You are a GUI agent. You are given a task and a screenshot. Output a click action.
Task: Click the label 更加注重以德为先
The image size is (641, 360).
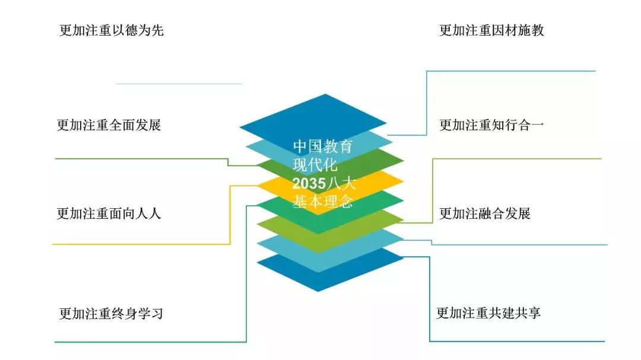point(112,30)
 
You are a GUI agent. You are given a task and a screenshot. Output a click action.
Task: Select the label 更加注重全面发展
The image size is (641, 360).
point(109,125)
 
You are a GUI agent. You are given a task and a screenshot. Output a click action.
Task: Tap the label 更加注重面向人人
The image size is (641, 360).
point(109,214)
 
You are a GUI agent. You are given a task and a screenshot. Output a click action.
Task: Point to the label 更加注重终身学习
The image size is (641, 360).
point(111,314)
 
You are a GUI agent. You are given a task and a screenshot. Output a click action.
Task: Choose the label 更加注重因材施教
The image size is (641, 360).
point(491,30)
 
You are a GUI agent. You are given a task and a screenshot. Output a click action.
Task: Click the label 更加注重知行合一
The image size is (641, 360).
point(491,125)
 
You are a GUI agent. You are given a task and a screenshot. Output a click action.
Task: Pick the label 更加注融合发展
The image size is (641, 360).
point(485,214)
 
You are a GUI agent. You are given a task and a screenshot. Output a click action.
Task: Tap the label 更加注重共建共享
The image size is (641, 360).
point(488,313)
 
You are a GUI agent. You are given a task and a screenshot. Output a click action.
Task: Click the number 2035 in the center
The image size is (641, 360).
point(309,183)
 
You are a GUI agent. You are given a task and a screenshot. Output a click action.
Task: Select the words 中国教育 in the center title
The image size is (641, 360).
point(322,146)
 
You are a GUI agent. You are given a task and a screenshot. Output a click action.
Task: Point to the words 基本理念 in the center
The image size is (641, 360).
point(322,202)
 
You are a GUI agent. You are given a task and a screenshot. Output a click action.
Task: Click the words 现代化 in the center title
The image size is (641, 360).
point(315,165)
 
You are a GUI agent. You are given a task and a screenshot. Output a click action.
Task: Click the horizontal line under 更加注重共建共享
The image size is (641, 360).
point(517,341)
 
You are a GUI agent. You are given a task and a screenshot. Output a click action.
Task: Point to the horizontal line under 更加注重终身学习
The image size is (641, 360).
point(150,342)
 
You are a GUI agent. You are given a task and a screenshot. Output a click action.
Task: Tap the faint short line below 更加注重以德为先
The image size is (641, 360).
point(179,84)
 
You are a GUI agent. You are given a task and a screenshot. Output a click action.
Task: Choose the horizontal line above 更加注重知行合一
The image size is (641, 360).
point(511,71)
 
